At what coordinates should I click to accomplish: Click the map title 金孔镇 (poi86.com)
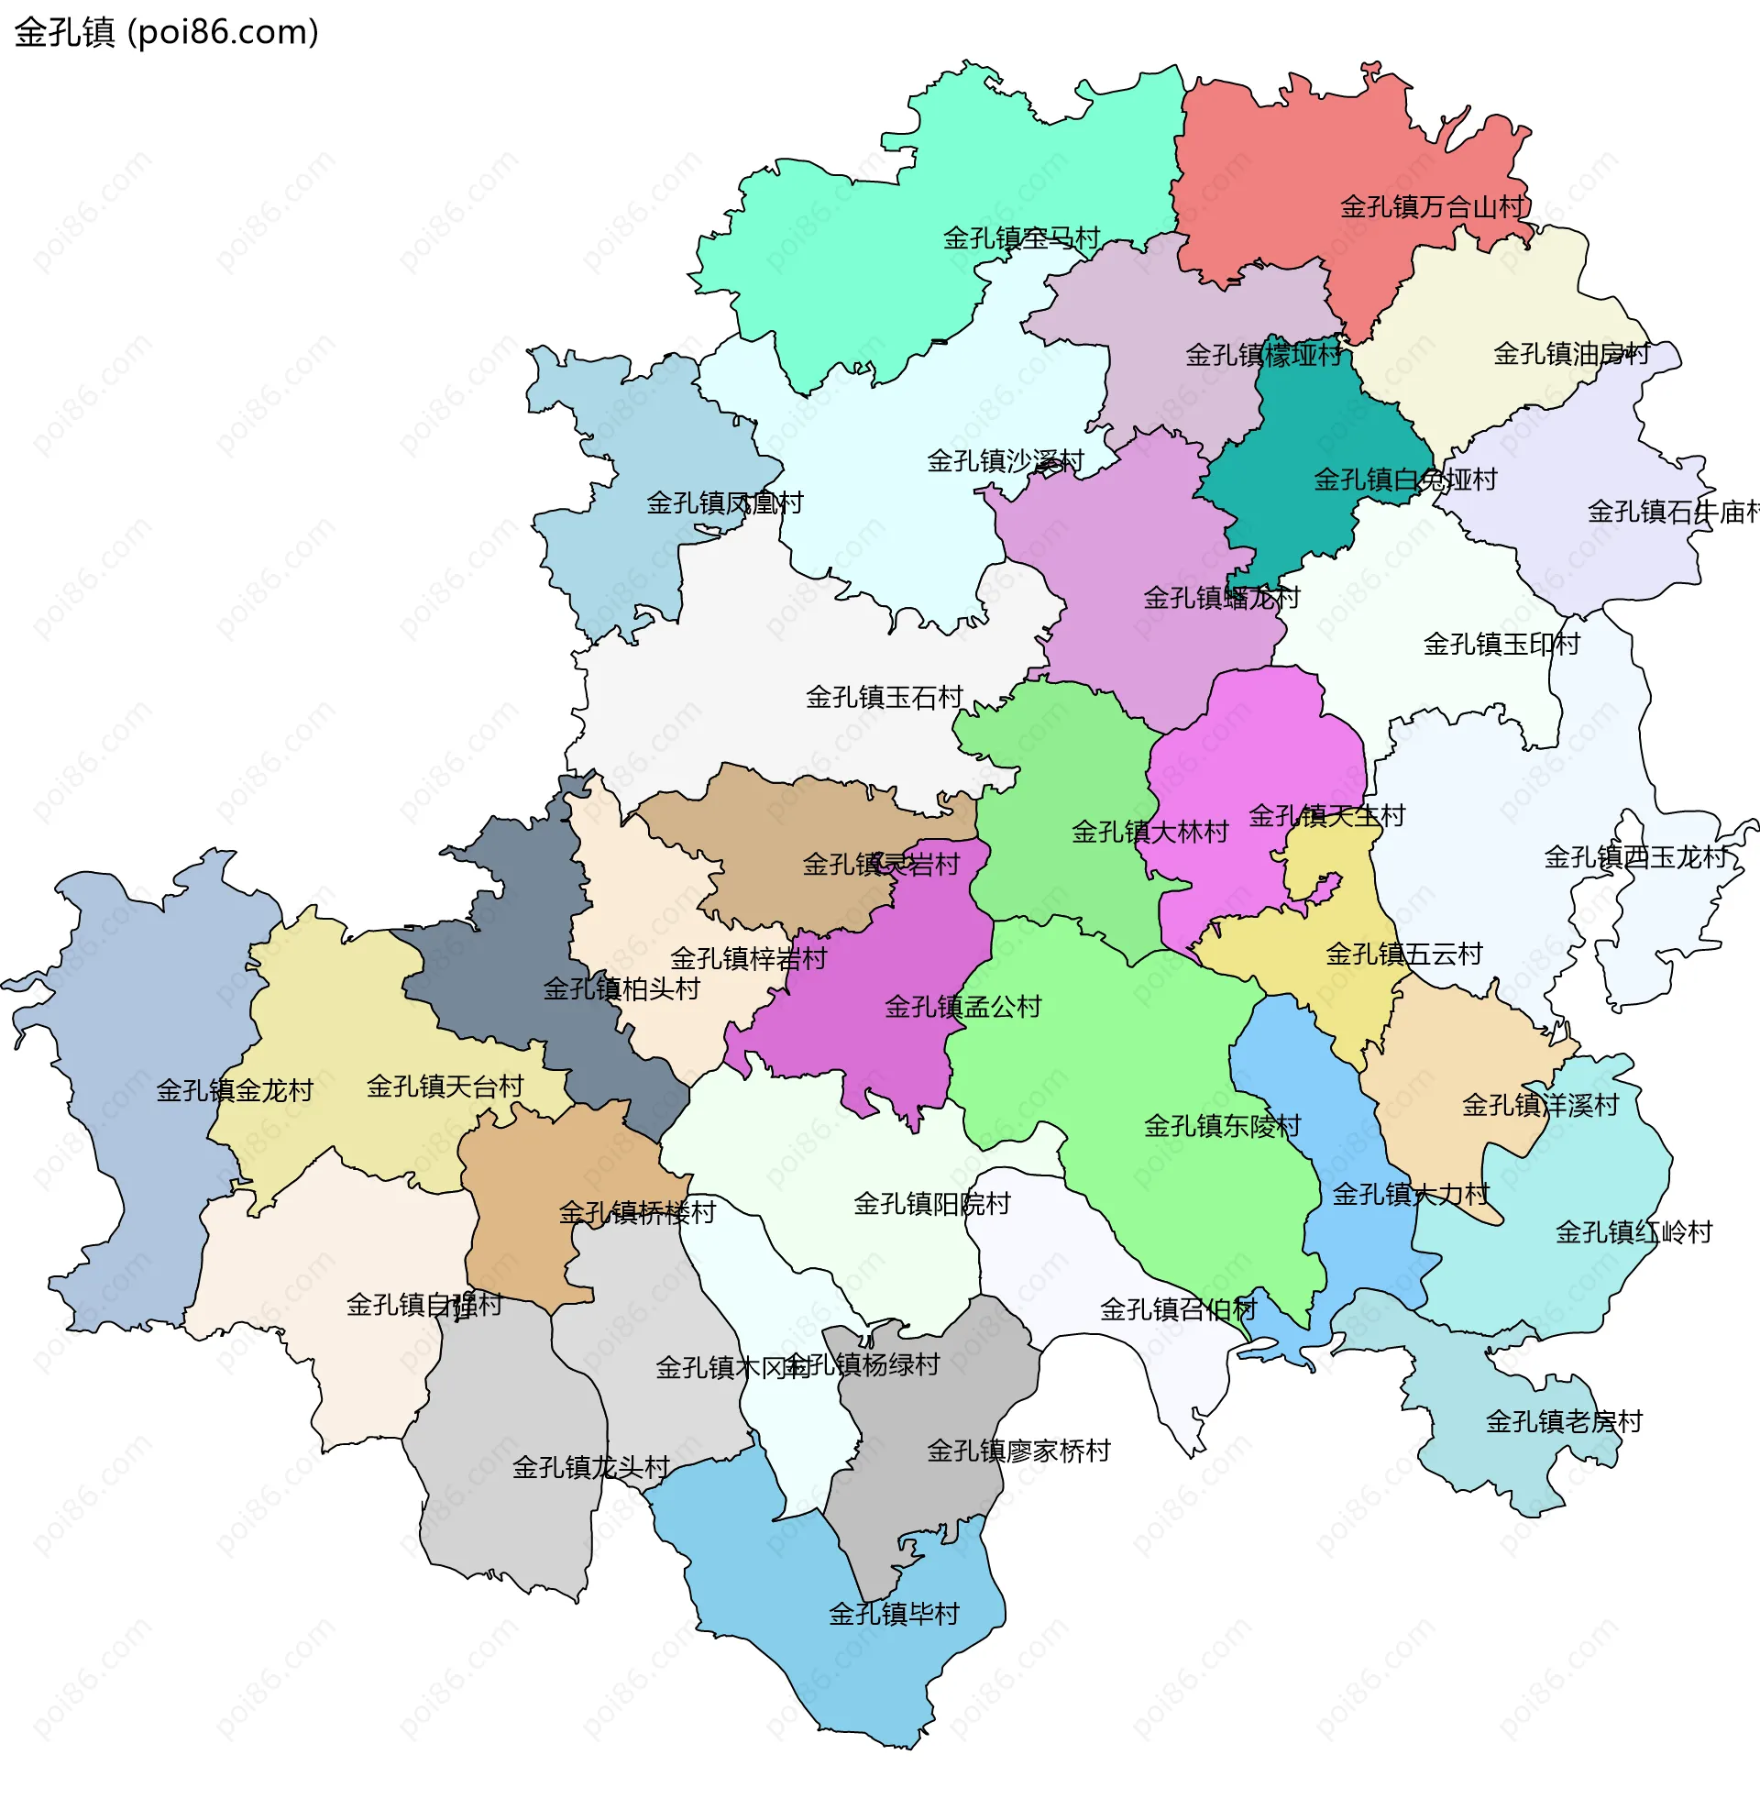167,32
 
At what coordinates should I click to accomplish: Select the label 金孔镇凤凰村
725,503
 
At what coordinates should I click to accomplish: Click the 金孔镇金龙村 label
235,1091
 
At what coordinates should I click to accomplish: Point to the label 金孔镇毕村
894,1614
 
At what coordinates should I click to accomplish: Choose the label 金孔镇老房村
1564,1422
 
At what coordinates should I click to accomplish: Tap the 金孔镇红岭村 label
1633,1232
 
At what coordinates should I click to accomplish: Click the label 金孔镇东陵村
1222,1126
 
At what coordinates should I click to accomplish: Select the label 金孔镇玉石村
885,697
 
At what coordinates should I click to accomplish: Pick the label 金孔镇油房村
1571,354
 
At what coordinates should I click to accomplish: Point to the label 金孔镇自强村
424,1306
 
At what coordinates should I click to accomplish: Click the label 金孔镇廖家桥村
1018,1451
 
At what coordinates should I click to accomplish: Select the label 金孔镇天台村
445,1087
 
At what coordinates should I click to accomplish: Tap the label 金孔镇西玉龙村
1635,857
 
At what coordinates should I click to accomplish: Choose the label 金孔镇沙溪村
1005,461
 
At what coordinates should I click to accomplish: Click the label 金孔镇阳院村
931,1205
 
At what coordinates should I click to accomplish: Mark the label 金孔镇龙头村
590,1468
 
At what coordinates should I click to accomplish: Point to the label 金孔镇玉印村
1501,645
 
